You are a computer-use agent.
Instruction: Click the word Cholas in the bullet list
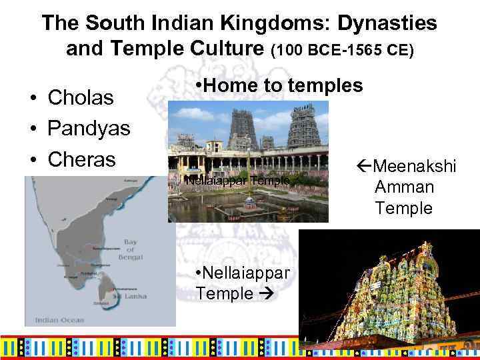click(x=81, y=98)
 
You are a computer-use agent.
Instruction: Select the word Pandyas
click(x=89, y=129)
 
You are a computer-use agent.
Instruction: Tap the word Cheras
click(x=82, y=159)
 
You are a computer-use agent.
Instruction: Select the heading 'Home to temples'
click(x=279, y=85)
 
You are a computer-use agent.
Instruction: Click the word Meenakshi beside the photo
click(x=413, y=165)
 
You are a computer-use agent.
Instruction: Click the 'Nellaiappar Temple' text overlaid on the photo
click(x=237, y=181)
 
